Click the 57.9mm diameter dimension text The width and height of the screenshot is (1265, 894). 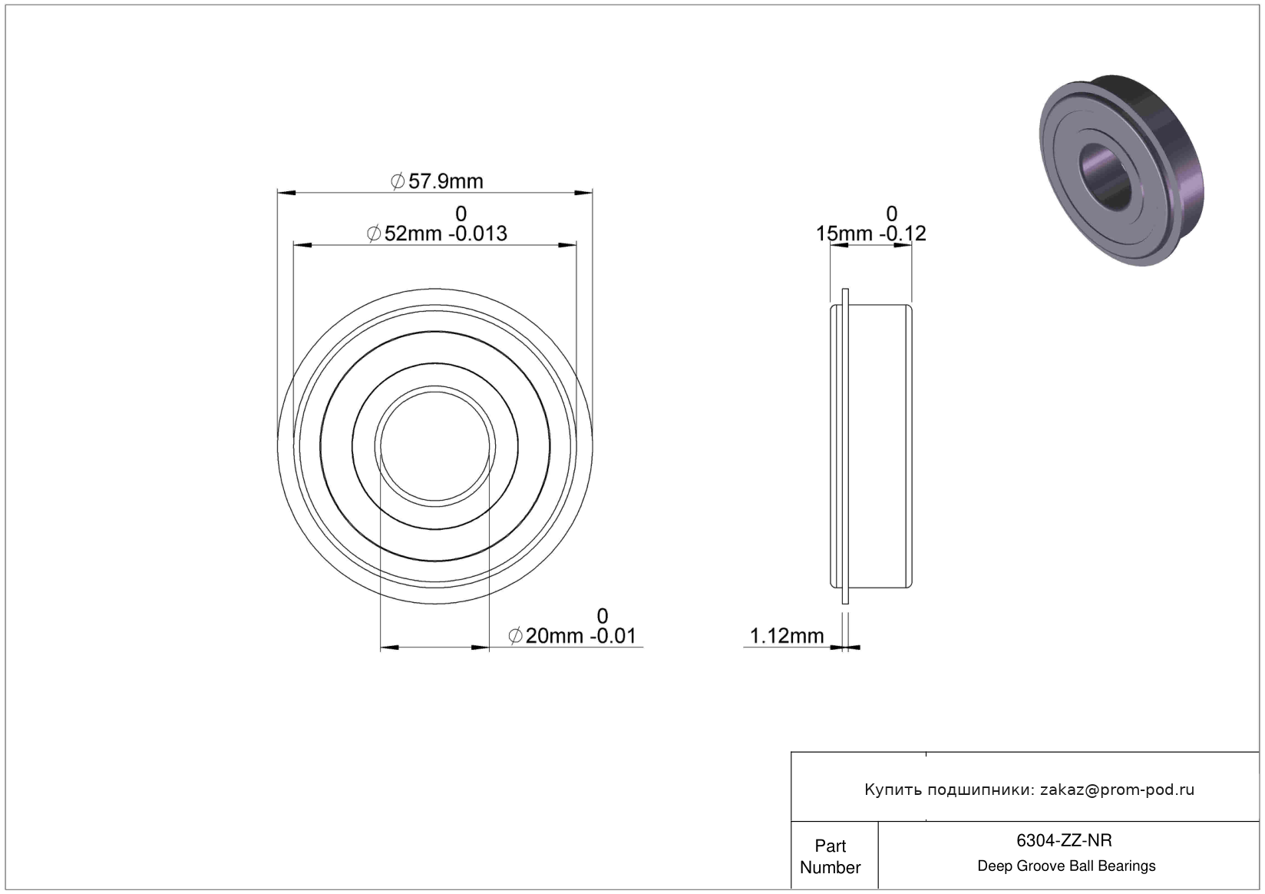point(437,181)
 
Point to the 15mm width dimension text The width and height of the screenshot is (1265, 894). point(844,233)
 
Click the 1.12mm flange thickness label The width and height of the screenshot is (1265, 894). point(787,636)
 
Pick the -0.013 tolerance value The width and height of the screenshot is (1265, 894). point(477,233)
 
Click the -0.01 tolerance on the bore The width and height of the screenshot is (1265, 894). point(613,636)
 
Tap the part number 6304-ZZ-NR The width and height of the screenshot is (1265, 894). point(1064,841)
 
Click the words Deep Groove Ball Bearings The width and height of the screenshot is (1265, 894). point(1066,866)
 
